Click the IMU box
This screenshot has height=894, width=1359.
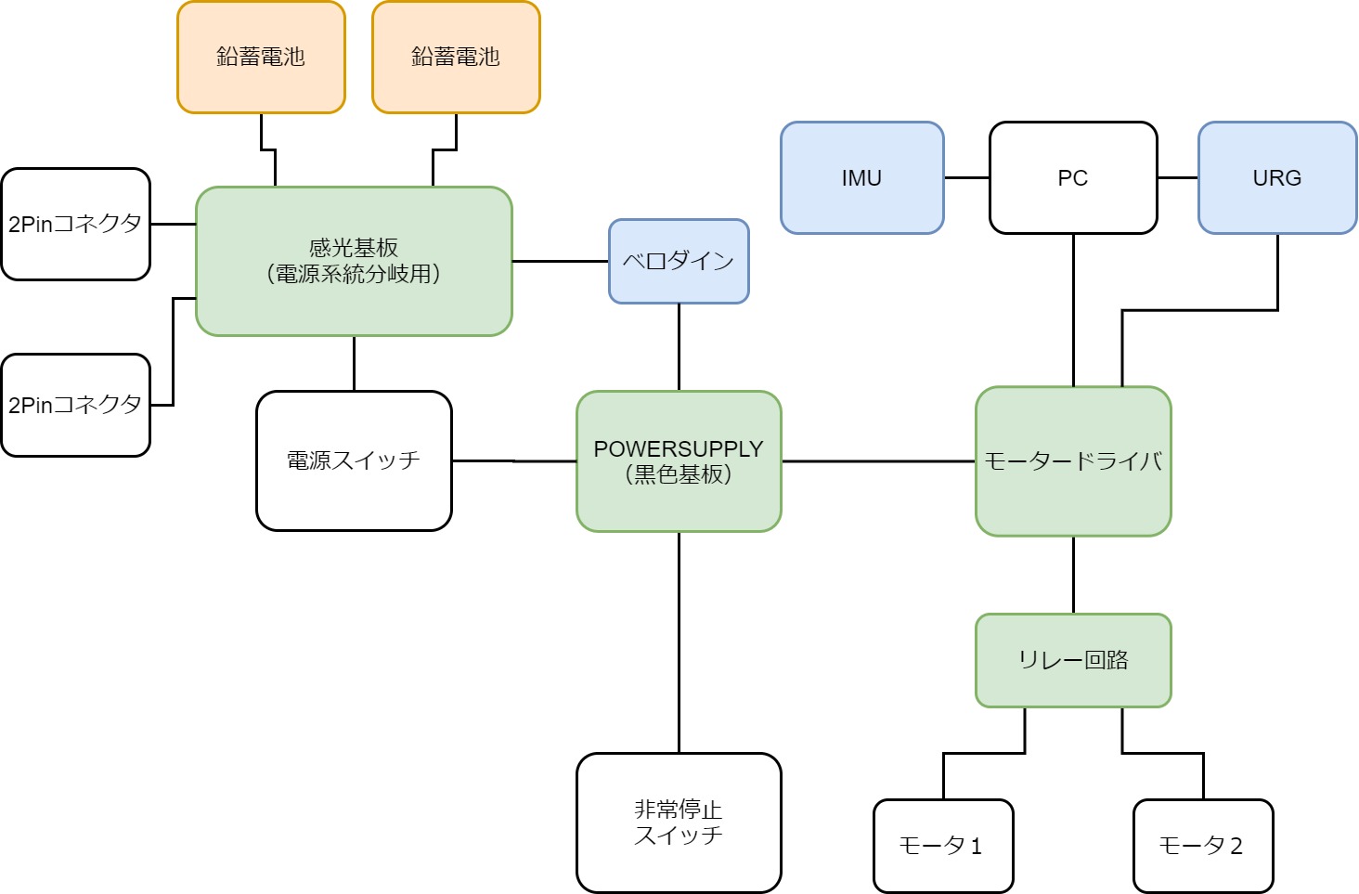[861, 177]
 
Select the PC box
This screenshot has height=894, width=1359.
[1073, 177]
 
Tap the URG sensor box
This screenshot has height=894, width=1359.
[1277, 177]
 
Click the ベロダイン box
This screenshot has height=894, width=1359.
[679, 261]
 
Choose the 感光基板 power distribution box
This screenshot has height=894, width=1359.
[354, 261]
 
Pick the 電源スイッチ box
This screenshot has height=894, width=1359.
[354, 460]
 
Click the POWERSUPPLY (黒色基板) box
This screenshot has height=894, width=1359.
[679, 460]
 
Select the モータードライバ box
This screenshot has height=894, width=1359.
[1073, 460]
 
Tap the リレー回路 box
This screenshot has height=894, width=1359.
[1073, 660]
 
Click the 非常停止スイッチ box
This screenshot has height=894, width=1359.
[679, 823]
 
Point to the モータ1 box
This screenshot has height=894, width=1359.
[943, 846]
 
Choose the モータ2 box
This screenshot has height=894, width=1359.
[1203, 846]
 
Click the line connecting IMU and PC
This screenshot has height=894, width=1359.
[966, 177]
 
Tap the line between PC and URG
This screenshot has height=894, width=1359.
[1177, 177]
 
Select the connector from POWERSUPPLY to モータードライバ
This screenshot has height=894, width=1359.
[877, 460]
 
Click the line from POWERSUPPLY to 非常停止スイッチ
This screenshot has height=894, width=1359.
[679, 641]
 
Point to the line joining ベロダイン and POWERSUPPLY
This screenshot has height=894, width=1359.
[679, 346]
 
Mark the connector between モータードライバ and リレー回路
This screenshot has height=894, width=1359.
[1073, 575]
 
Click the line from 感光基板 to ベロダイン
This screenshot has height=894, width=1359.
[560, 261]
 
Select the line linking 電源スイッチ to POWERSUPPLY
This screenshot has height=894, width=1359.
[513, 460]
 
